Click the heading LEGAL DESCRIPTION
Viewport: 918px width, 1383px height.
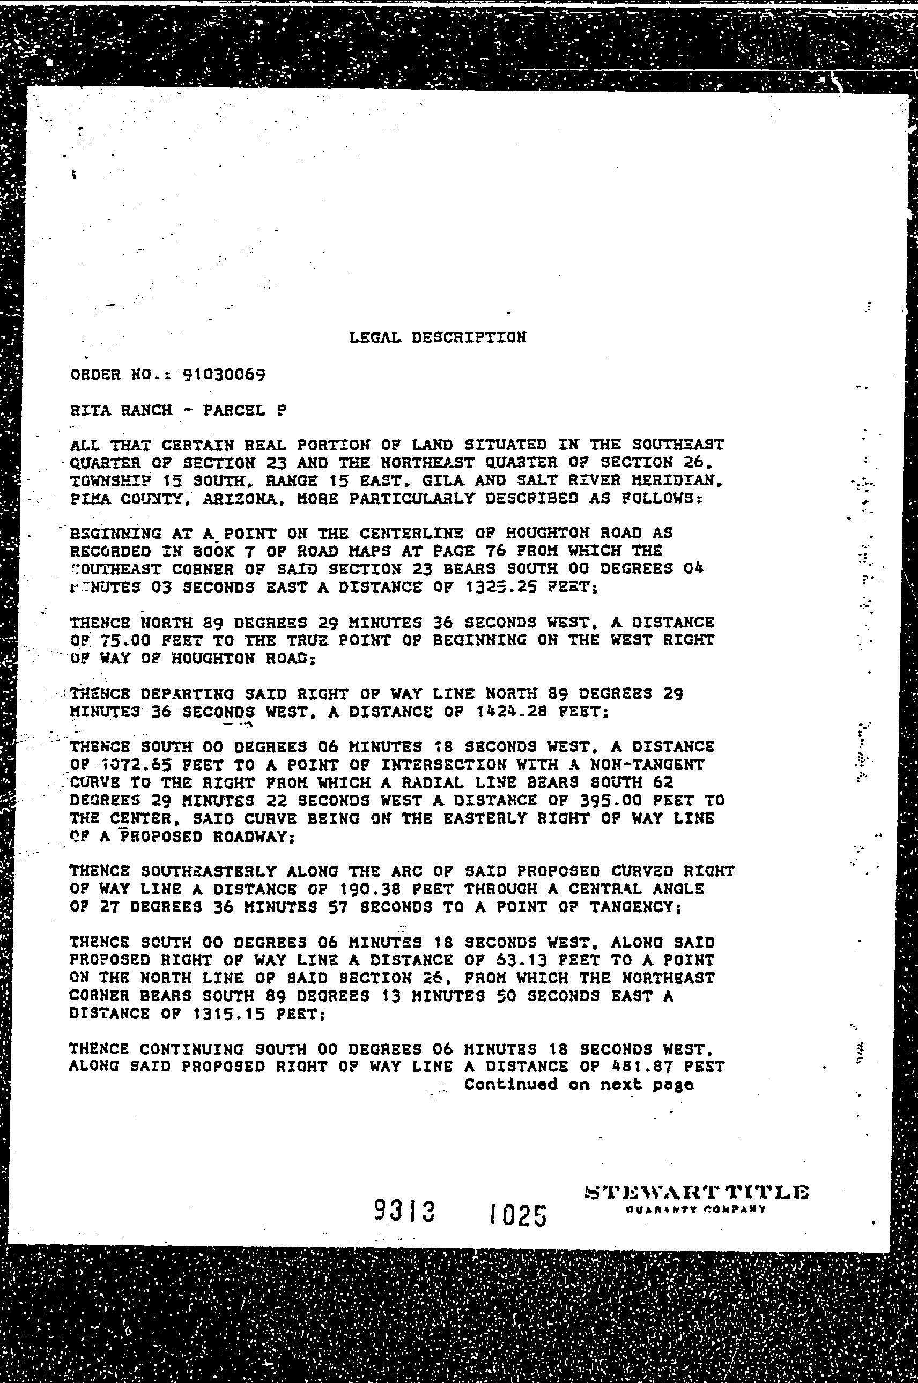click(438, 337)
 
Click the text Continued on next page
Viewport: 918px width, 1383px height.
click(579, 1084)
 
